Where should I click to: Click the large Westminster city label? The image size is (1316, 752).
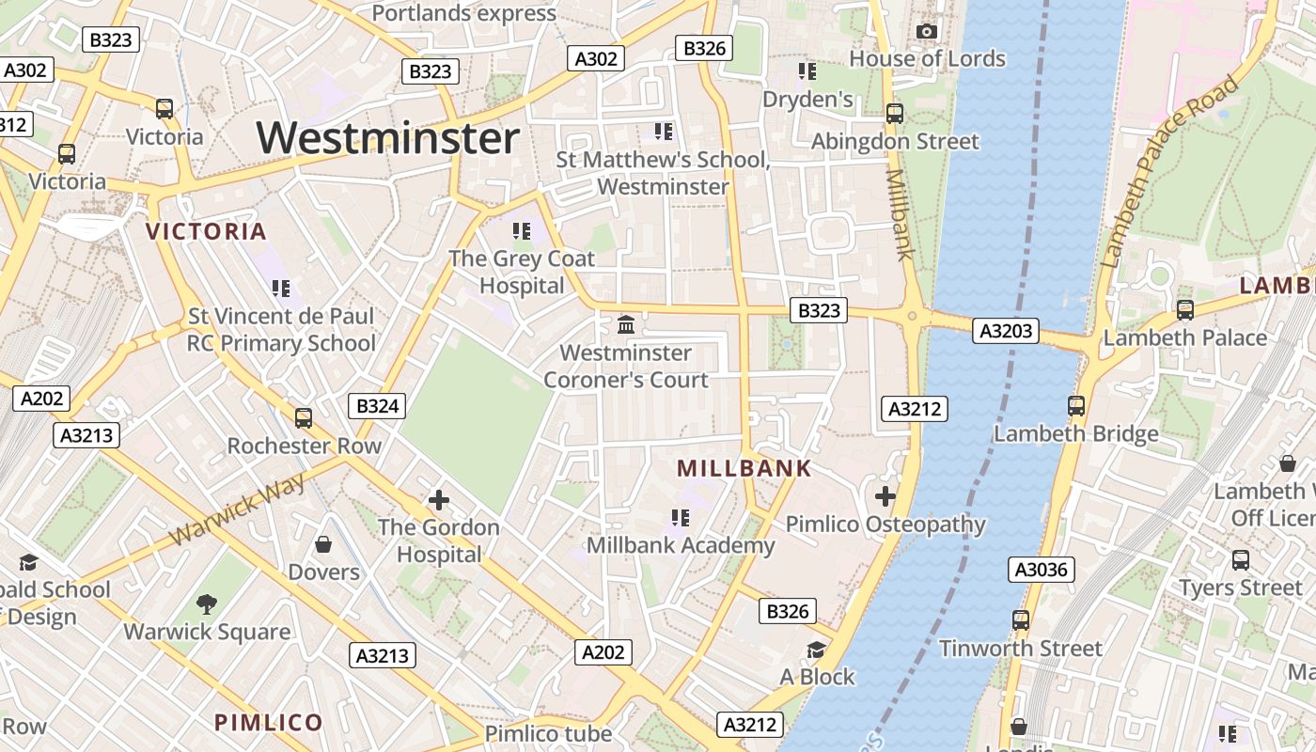[x=387, y=138]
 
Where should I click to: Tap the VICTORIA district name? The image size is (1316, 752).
[x=207, y=231]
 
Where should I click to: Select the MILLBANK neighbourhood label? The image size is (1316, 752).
[x=744, y=468]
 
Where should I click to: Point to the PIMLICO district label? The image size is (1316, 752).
[x=269, y=722]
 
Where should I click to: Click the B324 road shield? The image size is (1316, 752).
[x=378, y=406]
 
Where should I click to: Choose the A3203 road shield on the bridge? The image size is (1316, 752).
[x=1005, y=330]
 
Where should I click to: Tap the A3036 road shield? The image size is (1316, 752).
[x=1041, y=569]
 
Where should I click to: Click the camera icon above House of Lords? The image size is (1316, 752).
[x=927, y=31]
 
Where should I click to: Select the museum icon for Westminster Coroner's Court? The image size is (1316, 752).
[x=626, y=325]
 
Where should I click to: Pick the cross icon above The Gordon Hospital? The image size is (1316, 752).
[x=438, y=500]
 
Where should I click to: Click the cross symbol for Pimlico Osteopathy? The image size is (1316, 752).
[x=885, y=496]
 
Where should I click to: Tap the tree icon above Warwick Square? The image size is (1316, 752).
[x=207, y=603]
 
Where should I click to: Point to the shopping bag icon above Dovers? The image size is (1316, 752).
[x=323, y=544]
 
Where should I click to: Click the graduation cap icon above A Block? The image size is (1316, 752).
[x=816, y=650]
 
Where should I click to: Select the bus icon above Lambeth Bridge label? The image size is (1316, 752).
[x=1076, y=406]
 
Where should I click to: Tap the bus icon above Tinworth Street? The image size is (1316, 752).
[x=1021, y=620]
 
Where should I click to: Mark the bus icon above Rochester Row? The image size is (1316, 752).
[x=304, y=418]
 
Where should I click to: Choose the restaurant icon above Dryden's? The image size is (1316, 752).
[x=807, y=71]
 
